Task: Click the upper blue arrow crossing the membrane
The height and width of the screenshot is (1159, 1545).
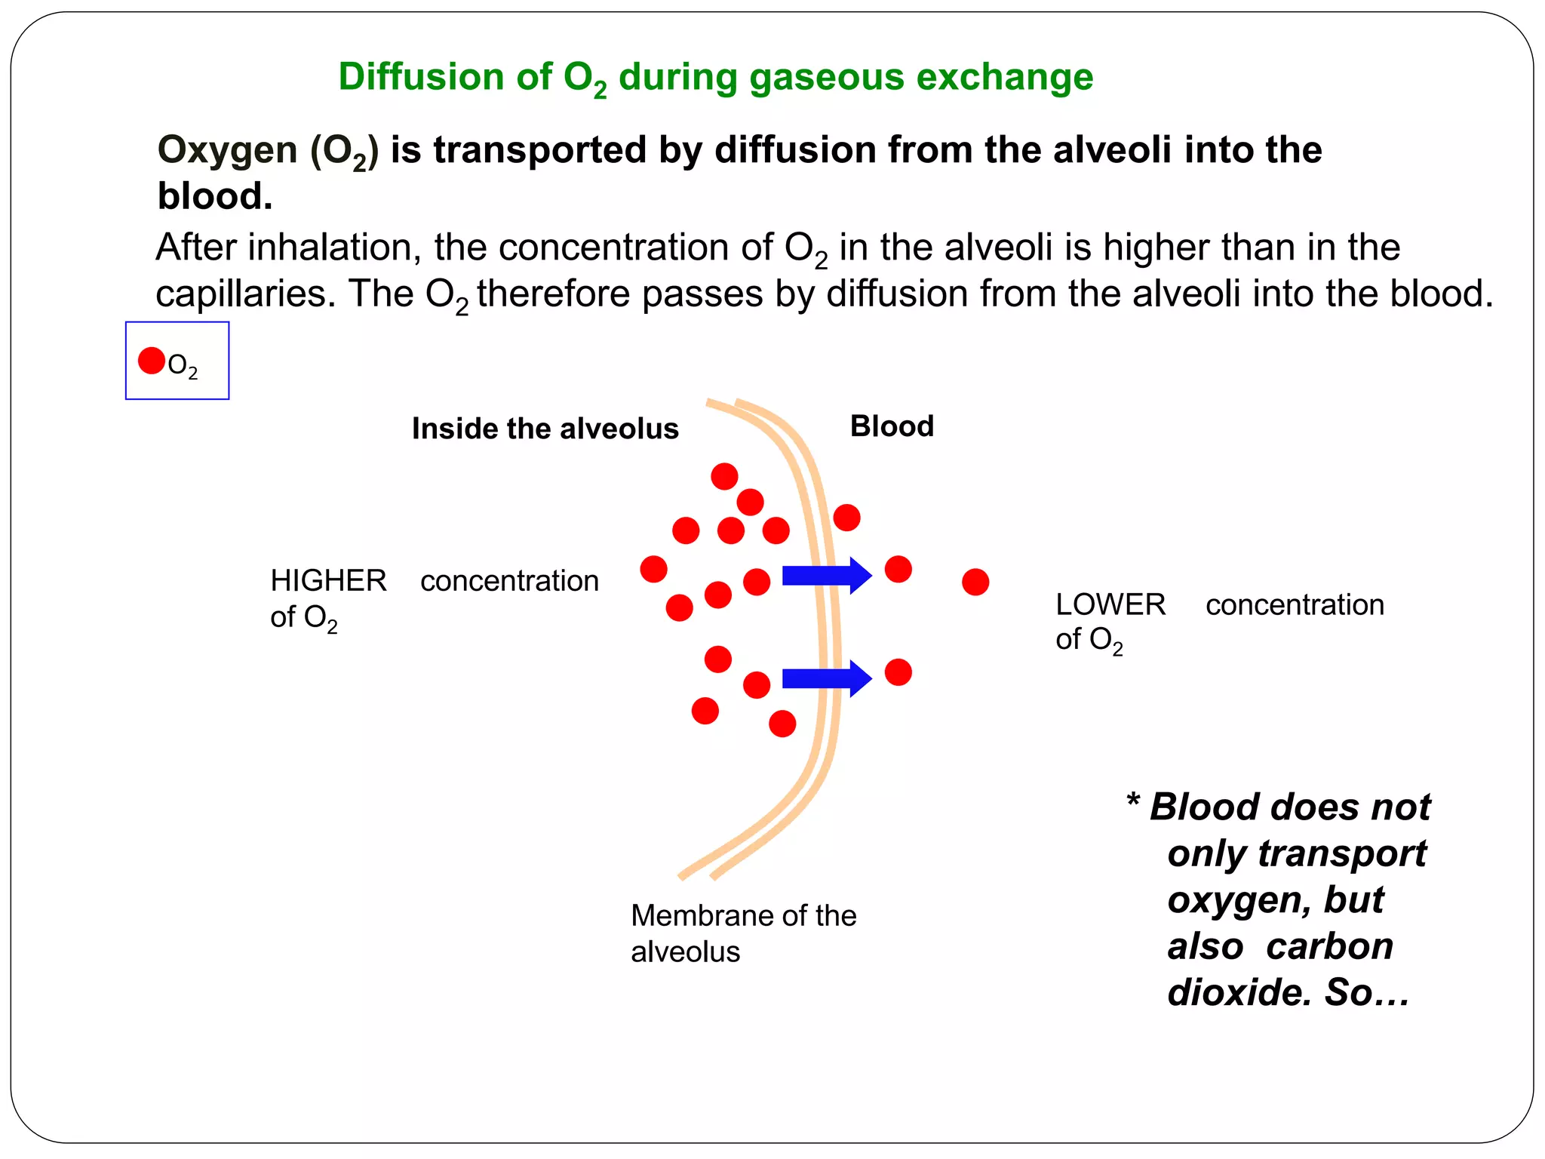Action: (x=826, y=576)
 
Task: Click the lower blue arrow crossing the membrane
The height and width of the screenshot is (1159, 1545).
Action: (x=826, y=678)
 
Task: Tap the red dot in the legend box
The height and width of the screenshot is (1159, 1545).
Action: (x=152, y=361)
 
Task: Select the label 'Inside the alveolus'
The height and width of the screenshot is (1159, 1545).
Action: (x=545, y=429)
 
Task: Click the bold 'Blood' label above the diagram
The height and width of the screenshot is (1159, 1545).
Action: (x=892, y=426)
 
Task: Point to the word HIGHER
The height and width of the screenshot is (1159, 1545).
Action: (x=328, y=581)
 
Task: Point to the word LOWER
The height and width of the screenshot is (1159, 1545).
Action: (x=1110, y=604)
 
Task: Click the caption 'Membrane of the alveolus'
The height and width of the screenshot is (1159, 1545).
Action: (x=743, y=933)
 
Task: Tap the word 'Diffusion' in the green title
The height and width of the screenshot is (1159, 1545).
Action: (x=421, y=77)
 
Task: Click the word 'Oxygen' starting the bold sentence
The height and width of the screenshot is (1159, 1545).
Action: (x=228, y=150)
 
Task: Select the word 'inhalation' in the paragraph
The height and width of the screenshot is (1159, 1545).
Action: (x=334, y=247)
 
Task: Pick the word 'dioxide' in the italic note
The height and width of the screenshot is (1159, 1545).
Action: (x=1239, y=992)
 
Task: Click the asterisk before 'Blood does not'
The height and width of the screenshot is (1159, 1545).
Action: (x=1132, y=801)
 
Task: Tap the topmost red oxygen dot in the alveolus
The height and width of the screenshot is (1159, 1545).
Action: (x=724, y=476)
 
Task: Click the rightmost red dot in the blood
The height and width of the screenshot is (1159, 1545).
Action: (x=975, y=582)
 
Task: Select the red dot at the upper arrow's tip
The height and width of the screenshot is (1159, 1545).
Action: (x=898, y=569)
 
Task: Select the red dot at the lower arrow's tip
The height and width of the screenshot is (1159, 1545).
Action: (x=898, y=672)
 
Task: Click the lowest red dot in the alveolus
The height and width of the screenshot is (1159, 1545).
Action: (x=782, y=724)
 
